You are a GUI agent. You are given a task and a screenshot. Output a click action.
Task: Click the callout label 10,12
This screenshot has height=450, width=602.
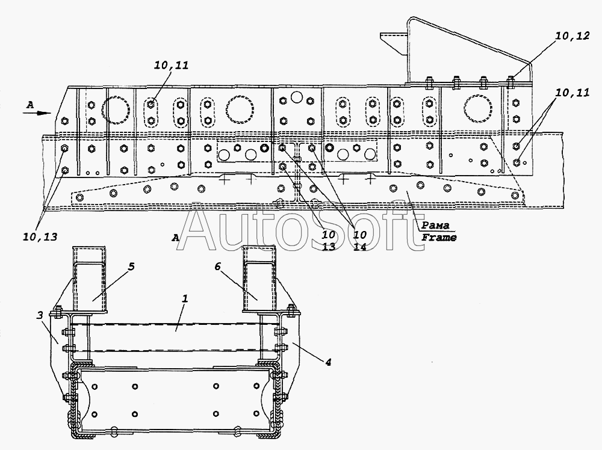572,36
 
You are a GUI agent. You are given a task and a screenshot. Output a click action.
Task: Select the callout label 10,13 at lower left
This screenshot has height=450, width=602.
40,236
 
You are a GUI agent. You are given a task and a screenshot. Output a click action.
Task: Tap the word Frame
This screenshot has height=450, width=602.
439,237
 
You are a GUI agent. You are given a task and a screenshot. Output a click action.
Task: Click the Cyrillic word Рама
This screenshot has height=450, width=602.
435,225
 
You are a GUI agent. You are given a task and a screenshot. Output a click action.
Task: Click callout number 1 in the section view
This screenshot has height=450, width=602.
185,298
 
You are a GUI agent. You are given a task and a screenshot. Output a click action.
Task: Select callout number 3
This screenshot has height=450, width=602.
40,316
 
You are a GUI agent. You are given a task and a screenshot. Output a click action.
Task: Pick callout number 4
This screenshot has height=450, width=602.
327,362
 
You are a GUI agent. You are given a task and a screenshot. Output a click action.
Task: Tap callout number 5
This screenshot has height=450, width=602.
131,267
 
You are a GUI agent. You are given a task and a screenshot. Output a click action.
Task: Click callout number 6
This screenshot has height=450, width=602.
217,267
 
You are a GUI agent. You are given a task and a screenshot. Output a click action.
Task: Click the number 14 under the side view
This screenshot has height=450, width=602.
360,247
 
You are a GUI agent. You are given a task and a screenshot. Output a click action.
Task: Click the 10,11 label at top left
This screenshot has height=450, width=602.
172,65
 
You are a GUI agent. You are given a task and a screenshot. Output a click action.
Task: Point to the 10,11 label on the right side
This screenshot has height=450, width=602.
572,93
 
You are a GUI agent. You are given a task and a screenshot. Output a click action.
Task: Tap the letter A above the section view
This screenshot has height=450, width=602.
175,238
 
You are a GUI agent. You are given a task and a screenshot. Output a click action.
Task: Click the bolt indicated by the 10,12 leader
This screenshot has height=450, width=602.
510,82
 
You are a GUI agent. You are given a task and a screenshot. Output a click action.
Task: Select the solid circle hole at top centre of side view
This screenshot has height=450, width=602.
296,97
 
